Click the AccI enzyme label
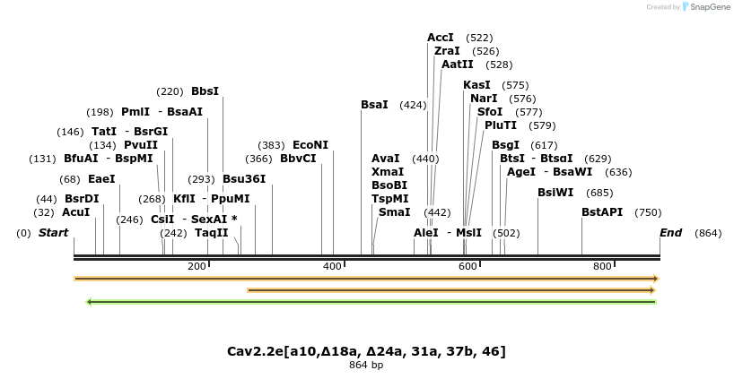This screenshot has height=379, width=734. point(441,38)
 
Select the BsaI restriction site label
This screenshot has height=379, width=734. point(374,105)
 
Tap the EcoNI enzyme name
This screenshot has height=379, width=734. point(310,145)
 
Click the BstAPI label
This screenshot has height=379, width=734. point(601,212)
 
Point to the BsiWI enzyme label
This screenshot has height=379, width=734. point(555,193)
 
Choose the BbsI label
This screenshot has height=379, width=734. point(205,91)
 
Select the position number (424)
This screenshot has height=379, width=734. point(413,105)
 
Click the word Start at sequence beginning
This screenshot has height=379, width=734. point(53,233)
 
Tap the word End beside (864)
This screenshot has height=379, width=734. point(670,233)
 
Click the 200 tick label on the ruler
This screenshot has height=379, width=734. point(197,266)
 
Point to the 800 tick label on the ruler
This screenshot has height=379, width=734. point(602,266)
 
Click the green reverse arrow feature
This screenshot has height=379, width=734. point(371,302)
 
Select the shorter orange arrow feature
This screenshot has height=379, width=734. point(451,290)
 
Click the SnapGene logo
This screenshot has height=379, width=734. point(705,7)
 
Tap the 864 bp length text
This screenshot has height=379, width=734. point(366,366)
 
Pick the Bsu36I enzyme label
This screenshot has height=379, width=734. point(244,178)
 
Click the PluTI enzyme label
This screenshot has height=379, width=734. point(501,125)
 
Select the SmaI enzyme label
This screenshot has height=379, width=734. point(394,212)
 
